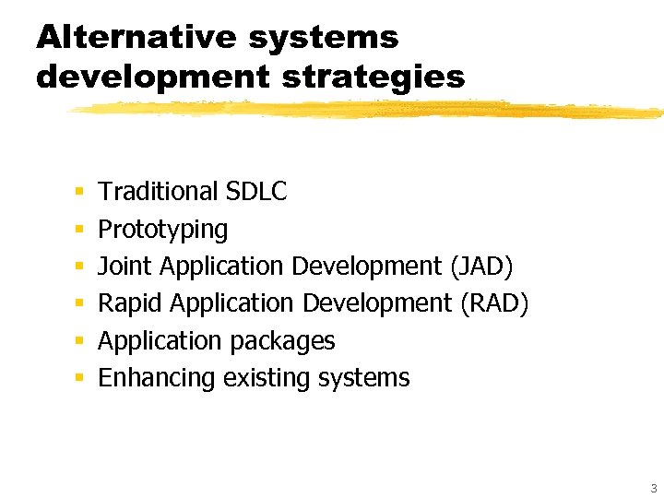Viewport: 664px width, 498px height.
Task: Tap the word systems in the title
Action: click(324, 38)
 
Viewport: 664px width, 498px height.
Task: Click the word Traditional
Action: click(158, 192)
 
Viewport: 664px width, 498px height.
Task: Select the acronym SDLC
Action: click(255, 192)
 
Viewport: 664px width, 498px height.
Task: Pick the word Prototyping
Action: click(162, 229)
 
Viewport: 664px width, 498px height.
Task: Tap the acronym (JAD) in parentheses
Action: click(480, 267)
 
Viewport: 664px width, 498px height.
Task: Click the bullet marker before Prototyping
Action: click(79, 230)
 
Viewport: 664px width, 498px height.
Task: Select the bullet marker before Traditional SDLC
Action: click(79, 193)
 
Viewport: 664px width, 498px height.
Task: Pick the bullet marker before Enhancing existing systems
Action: click(79, 379)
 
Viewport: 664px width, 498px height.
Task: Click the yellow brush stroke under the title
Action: click(369, 109)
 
